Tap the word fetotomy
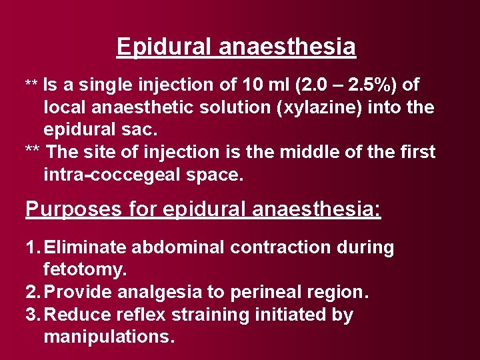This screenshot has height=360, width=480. [x=85, y=271]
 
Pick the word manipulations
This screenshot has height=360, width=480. [x=109, y=337]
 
